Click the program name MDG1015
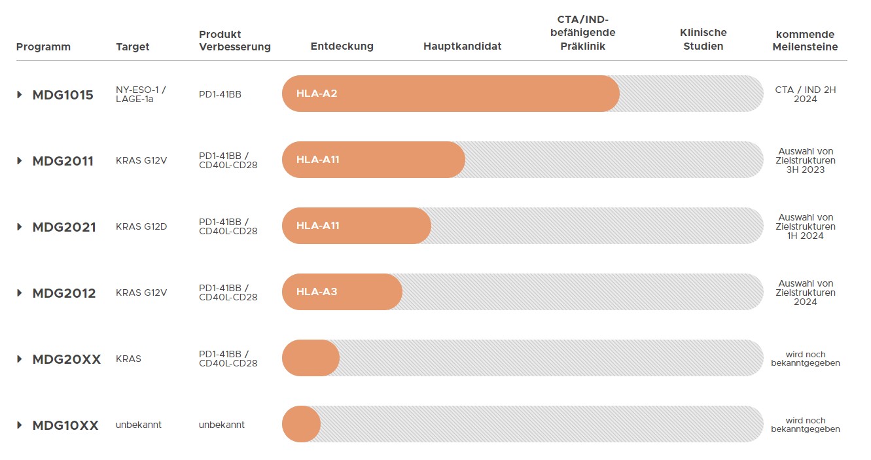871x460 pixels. [63, 95]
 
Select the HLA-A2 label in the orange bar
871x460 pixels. [317, 94]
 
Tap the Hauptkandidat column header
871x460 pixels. [462, 46]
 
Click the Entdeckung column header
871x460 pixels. [342, 46]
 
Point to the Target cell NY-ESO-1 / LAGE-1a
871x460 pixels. [140, 94]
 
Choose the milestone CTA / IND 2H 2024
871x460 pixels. [805, 94]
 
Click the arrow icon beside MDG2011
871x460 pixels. [20, 161]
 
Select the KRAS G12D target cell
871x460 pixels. [141, 226]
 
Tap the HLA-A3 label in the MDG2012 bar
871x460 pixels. [317, 292]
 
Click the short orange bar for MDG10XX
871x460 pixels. [301, 424]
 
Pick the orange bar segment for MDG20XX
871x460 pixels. [310, 358]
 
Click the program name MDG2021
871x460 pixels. [64, 227]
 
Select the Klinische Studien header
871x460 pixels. [703, 39]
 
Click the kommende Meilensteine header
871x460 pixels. [805, 40]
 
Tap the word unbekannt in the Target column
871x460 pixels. [139, 425]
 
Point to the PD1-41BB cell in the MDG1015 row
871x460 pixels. [220, 94]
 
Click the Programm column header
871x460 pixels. [43, 46]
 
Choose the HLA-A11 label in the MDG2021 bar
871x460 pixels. [318, 226]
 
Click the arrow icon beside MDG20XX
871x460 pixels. [20, 359]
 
